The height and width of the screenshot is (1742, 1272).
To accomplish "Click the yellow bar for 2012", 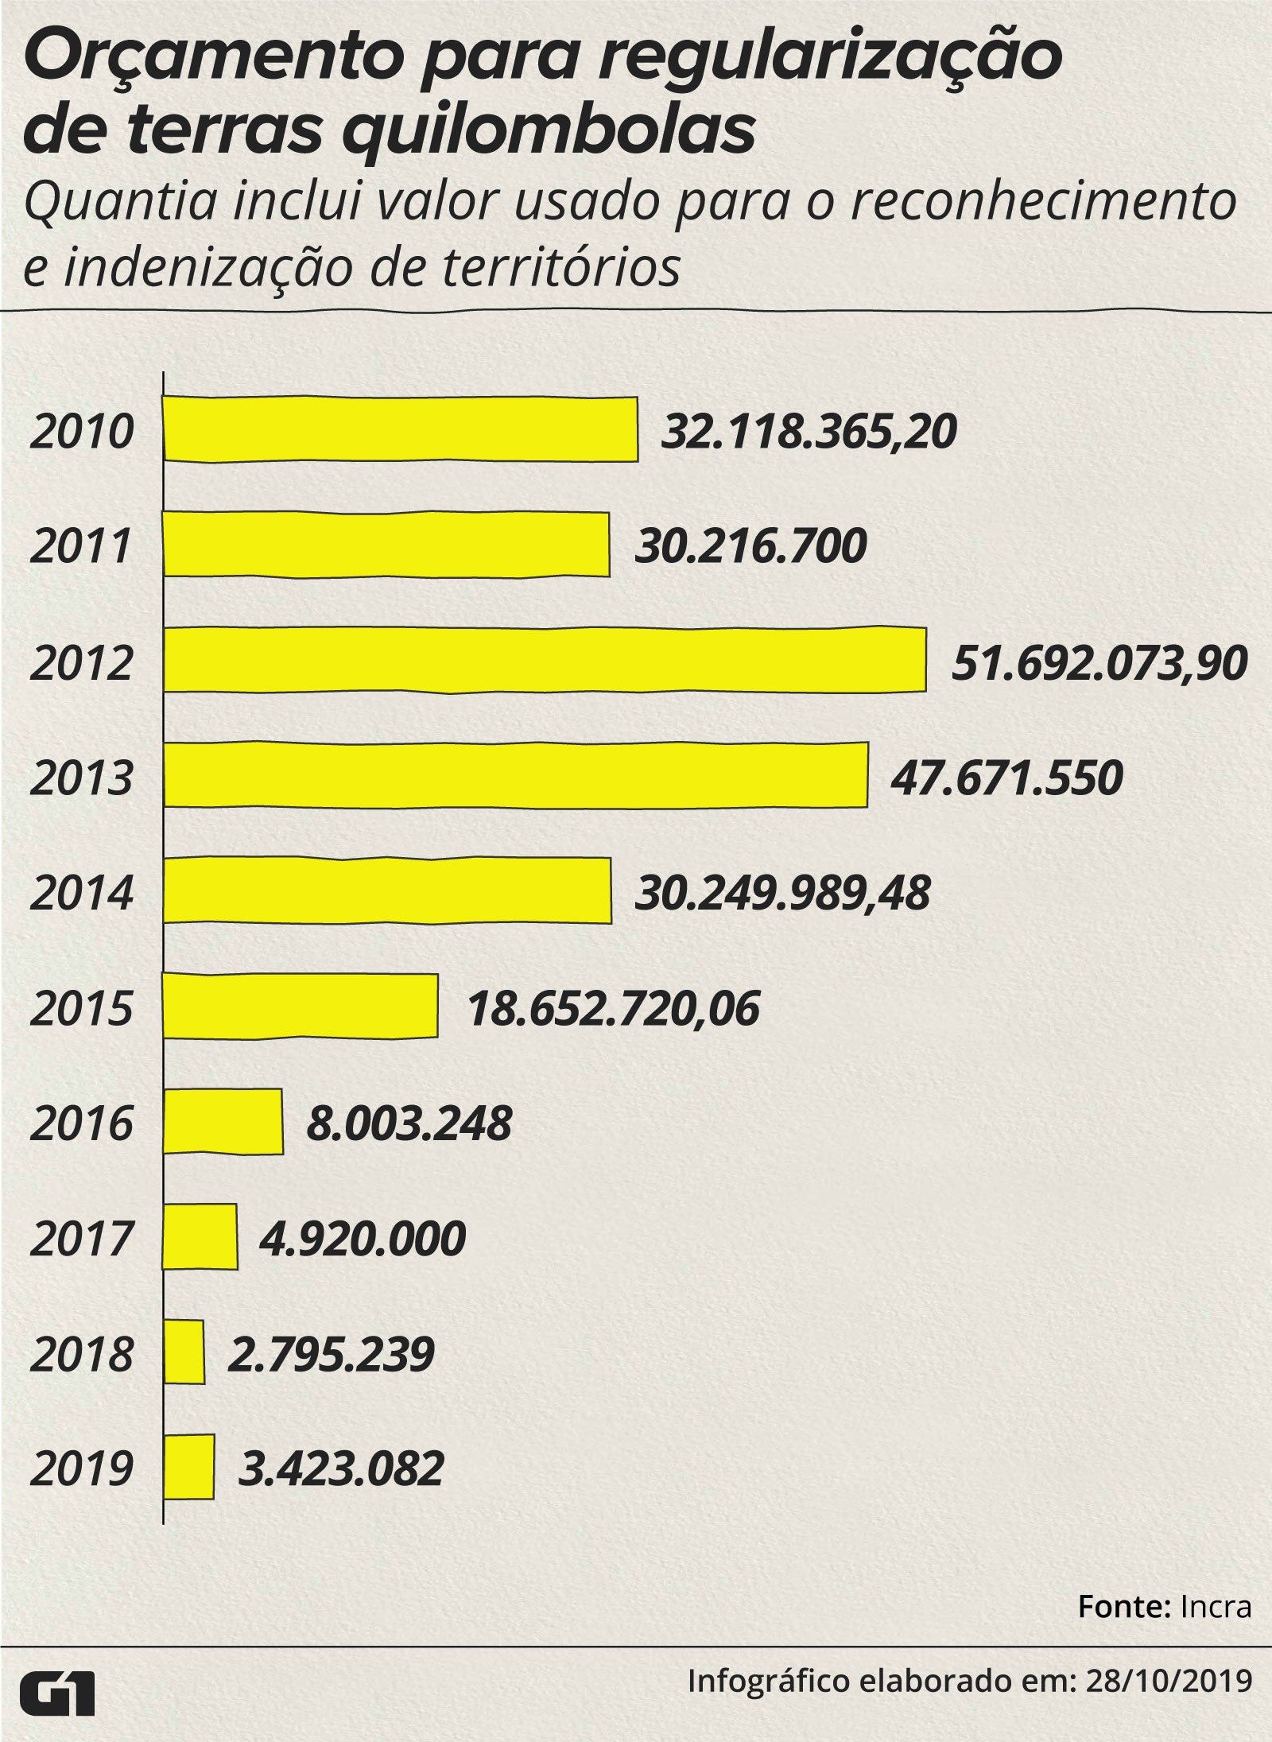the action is tap(545, 660).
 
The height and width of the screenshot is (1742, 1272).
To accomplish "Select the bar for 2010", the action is tap(400, 429).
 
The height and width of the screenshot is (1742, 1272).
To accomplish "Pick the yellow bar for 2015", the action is tap(301, 1006).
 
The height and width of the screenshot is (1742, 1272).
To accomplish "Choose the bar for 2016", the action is tap(223, 1121).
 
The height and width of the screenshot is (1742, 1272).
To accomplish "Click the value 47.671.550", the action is tap(1006, 778).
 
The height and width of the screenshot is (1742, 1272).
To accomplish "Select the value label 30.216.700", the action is tap(750, 547).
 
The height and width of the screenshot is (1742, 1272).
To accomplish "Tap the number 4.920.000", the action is tap(363, 1239).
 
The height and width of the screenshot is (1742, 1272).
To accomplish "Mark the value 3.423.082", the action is tap(341, 1469).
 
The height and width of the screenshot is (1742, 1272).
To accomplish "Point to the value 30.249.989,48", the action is tap(782, 894).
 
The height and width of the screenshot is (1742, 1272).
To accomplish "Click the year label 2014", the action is tap(81, 893).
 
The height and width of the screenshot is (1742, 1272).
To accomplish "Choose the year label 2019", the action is tap(81, 1469).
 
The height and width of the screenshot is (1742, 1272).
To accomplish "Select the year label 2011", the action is tap(81, 547).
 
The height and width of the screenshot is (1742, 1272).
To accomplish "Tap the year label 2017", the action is tap(81, 1239).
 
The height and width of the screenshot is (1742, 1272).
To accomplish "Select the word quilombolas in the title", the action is tap(549, 132).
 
